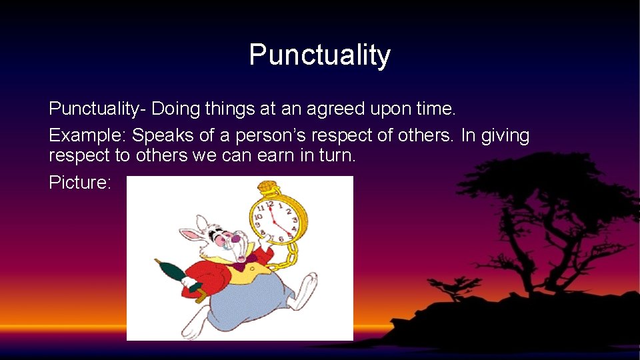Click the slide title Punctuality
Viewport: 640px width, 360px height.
tap(319, 55)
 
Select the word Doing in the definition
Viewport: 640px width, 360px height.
tap(175, 109)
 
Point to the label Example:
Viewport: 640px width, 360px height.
tap(87, 136)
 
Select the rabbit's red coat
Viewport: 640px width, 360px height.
tap(213, 273)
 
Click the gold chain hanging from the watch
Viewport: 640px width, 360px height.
tap(287, 257)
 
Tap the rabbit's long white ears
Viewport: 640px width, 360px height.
tap(193, 230)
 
